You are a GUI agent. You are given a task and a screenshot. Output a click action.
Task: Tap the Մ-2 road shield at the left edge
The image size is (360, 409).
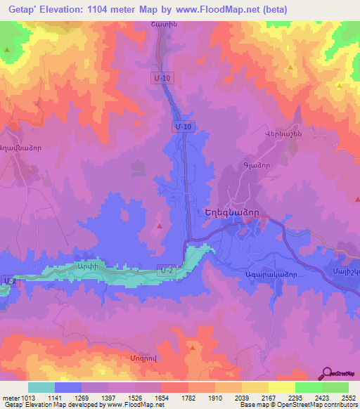pos(6,280)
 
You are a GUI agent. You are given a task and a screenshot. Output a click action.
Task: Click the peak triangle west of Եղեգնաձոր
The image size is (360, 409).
pos(160,226)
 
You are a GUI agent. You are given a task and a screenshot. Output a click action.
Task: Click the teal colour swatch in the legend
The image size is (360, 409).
pos(41,387)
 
